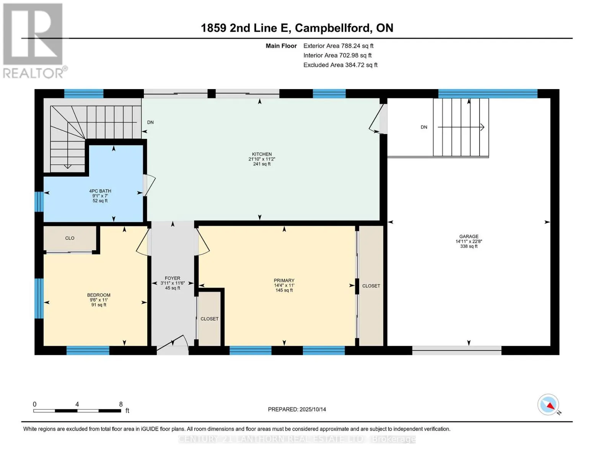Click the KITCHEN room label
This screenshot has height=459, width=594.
(x=262, y=154)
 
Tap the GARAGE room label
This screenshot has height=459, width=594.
(x=469, y=236)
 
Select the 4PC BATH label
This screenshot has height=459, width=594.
(x=100, y=191)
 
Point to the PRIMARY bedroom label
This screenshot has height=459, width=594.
(x=284, y=280)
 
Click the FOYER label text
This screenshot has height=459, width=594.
(x=173, y=278)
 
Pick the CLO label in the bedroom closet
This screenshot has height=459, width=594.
(x=70, y=238)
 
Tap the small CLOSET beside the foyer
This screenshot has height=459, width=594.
(x=209, y=319)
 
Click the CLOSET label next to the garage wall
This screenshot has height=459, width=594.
(x=371, y=286)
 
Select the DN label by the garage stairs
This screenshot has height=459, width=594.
(x=424, y=127)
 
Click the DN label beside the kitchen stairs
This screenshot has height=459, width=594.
(x=150, y=122)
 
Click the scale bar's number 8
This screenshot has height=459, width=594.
(x=121, y=404)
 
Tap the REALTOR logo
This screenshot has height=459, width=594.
(x=34, y=41)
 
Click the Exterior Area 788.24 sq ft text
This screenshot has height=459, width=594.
(x=338, y=46)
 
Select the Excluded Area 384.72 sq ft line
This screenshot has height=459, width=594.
(x=340, y=65)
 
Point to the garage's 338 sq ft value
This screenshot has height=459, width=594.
(x=469, y=246)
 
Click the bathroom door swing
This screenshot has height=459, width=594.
(x=149, y=185)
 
